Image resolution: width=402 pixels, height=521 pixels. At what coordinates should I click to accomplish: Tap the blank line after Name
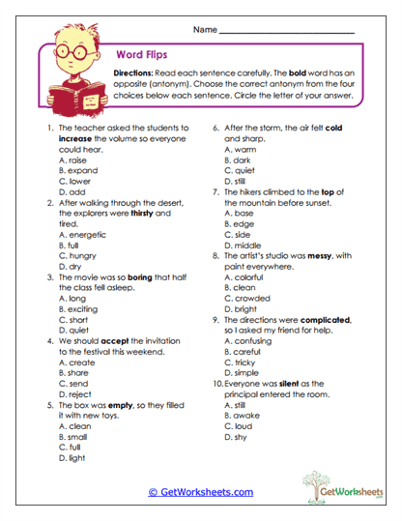pos(286,31)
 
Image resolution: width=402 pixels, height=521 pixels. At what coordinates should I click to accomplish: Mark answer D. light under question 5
pos(72,460)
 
